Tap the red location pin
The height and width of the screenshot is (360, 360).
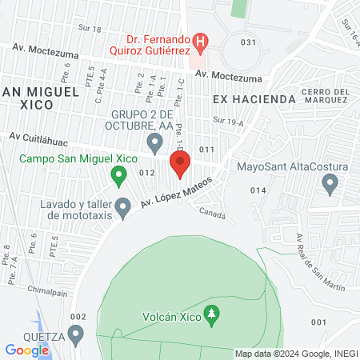(180, 165)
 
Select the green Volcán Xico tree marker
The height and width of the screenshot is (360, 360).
(211, 314)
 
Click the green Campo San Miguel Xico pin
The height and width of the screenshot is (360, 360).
(118, 174)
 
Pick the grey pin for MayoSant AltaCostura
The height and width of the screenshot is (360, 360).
(329, 185)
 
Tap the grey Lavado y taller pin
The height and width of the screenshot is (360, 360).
(122, 208)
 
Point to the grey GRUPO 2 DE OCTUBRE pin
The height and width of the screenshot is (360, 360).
(156, 142)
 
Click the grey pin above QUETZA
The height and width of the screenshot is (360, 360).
(76, 333)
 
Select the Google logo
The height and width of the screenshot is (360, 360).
(26, 350)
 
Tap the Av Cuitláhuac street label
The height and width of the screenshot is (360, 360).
(36, 138)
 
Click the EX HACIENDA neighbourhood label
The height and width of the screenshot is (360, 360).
(254, 99)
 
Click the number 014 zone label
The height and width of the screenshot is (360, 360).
(257, 190)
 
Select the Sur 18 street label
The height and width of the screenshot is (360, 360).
(91, 29)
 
